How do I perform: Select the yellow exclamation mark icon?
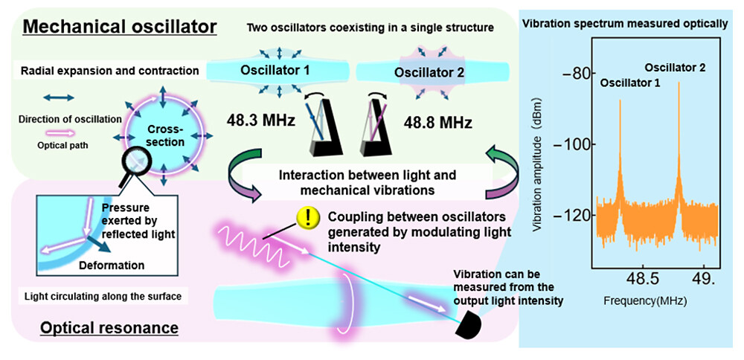307,216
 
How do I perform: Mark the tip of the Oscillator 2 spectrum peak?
679,83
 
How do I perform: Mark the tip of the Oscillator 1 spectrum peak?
619,101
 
